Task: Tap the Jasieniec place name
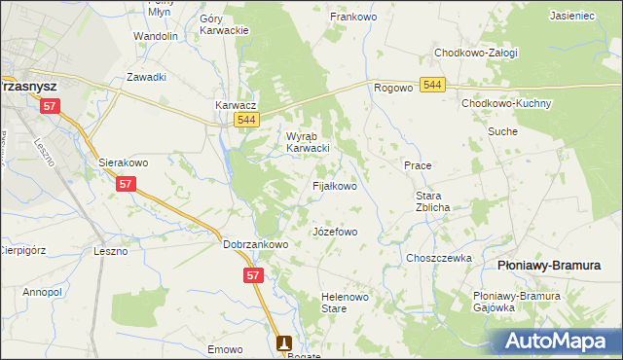tap(573, 16)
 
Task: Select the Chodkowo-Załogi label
tap(476, 53)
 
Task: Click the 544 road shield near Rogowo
tap(434, 87)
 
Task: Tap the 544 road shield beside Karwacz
tap(247, 120)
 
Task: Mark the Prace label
tap(418, 165)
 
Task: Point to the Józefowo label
tap(334, 233)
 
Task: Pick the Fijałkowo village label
tap(334, 185)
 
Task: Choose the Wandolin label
tap(156, 36)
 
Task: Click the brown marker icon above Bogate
tap(284, 342)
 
